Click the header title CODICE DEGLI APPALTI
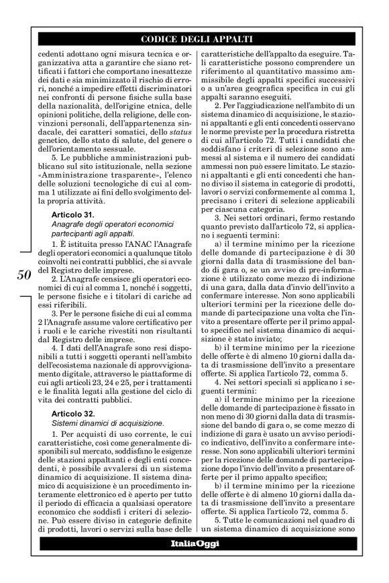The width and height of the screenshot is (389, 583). click(194, 38)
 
